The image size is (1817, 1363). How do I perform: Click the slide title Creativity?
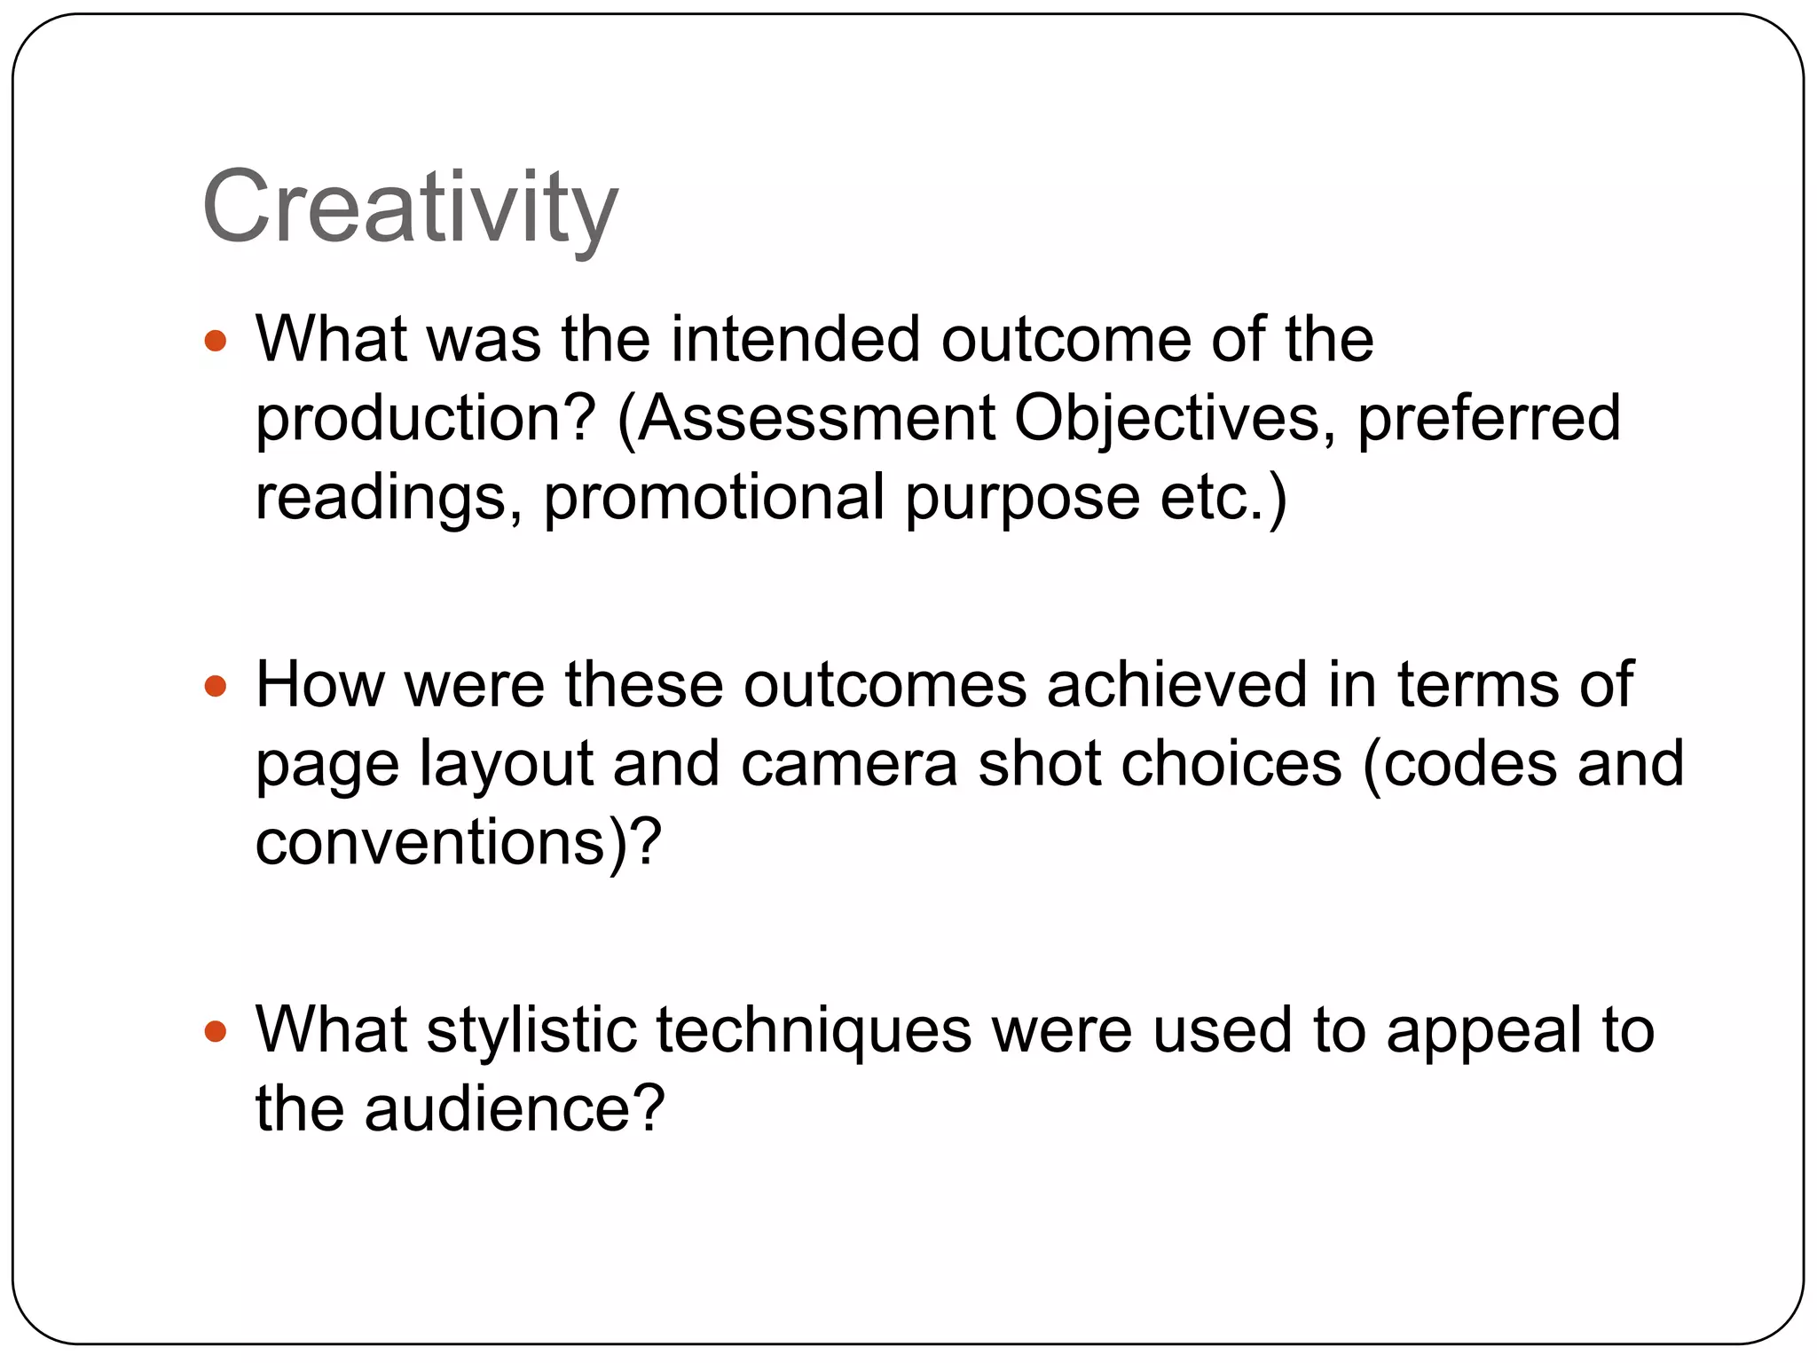pos(410,208)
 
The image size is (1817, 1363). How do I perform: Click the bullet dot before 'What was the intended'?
pos(216,341)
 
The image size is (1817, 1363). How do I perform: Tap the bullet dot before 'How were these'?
pos(216,686)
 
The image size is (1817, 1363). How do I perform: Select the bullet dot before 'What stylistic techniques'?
pos(216,1031)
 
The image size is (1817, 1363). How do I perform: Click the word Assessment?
pos(815,418)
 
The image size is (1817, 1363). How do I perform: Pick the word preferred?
pos(1489,418)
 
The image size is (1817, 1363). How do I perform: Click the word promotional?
pos(714,497)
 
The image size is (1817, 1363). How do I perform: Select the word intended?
pos(796,340)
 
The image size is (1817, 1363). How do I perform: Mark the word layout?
pos(506,764)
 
